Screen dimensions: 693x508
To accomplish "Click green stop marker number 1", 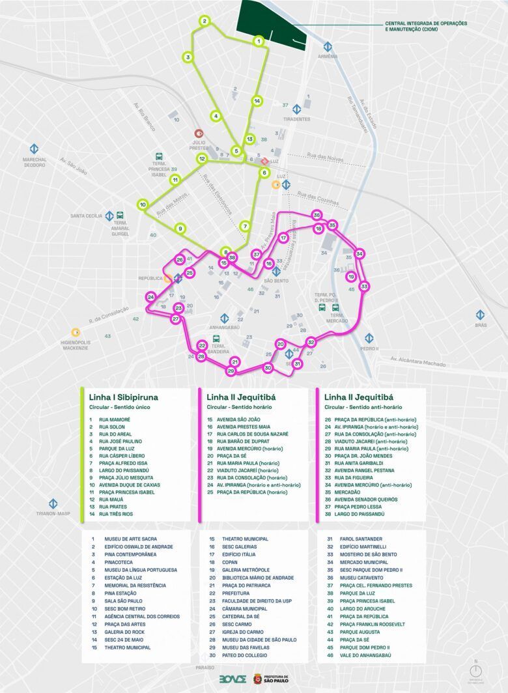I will coord(259,42).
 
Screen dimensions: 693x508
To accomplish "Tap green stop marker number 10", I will coord(143,205).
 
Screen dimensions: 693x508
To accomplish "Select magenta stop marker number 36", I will coord(317,215).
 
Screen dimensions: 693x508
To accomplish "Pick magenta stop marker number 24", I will coord(150,297).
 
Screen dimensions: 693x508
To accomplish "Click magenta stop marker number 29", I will coord(230,371).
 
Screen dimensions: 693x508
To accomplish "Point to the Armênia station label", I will coord(328,56).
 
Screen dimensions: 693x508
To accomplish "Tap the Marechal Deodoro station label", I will coord(35,162).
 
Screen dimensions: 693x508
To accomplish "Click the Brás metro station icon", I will coord(481,315).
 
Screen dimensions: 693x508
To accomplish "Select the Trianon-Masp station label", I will coord(53,513).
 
